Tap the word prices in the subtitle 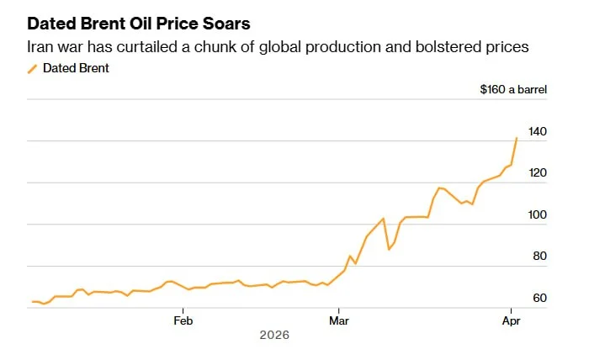(x=505, y=47)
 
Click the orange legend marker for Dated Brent (x=32, y=69)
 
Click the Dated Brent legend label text (x=76, y=69)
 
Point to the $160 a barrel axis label (x=513, y=90)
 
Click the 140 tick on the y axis (x=538, y=131)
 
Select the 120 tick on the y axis (x=538, y=173)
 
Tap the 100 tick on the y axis (x=538, y=215)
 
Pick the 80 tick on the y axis (x=540, y=257)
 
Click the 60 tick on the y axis (x=540, y=299)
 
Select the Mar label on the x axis (x=339, y=320)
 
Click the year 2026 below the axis (x=274, y=336)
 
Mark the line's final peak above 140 (x=517, y=138)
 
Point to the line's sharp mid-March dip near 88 (x=389, y=250)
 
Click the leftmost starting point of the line (x=32, y=301)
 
